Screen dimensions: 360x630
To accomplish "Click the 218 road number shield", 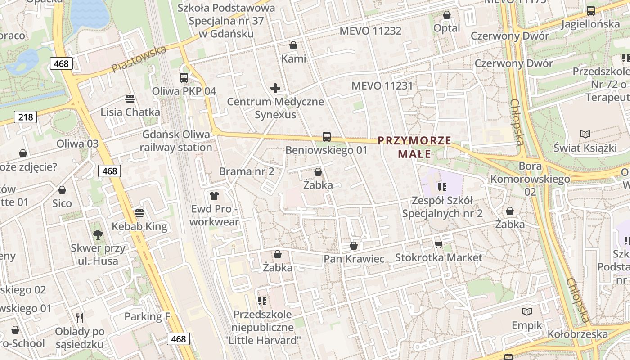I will coord(26,117).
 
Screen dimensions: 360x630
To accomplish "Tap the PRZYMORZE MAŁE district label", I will coord(414,147).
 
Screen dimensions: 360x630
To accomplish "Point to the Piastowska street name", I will coord(139,58).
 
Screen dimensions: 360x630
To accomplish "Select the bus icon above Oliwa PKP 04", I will coord(184,77).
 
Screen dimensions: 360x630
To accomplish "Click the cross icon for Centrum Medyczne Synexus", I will coord(275,88).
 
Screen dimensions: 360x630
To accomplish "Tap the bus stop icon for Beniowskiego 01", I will coord(327,136).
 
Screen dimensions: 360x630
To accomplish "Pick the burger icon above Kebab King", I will coord(139,213).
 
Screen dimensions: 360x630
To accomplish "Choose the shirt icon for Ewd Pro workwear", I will coord(214,195).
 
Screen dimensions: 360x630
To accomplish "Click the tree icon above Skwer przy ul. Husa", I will coord(98,234).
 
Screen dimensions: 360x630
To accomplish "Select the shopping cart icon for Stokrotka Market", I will coord(439,244).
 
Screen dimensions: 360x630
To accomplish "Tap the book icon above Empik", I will coord(527,311).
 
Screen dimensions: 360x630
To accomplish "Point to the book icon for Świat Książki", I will coord(585,134).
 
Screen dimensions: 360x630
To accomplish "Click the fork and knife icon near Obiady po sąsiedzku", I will coord(80,318).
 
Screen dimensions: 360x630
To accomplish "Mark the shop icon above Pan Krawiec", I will coord(354,246).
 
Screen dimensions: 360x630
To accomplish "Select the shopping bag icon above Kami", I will coord(293,45).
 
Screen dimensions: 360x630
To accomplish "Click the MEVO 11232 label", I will coord(370,31).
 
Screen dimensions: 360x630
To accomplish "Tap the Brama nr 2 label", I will coord(247,171).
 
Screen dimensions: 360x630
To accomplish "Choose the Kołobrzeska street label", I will coord(578,334).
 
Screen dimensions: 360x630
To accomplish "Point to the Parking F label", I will coord(147,316).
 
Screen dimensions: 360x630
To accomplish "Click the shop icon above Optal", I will coord(447,15).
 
